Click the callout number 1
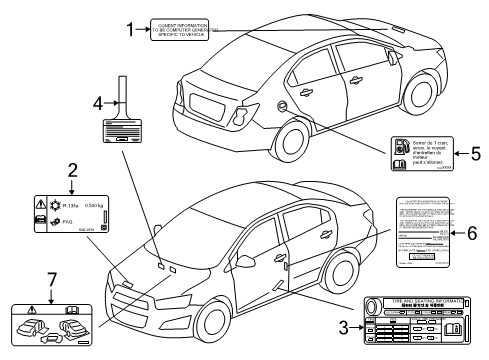[129, 30]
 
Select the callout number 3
[343, 325]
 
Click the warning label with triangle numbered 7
[56, 321]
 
